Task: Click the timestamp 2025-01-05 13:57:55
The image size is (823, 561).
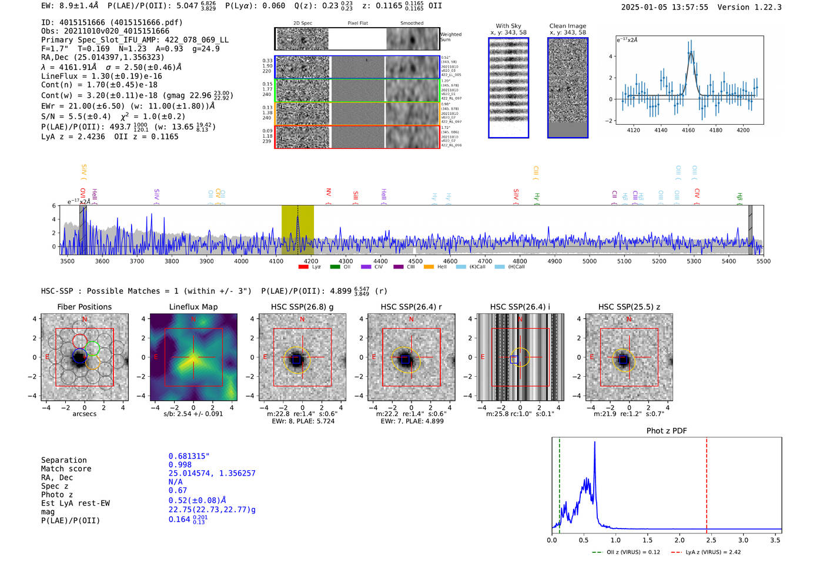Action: [x=664, y=7]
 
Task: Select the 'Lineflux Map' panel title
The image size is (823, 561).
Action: [x=193, y=307]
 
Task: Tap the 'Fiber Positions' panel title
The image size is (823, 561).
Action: [x=84, y=307]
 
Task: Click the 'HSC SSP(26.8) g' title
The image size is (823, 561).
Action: [x=302, y=307]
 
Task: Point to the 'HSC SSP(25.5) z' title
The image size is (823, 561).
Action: [x=629, y=307]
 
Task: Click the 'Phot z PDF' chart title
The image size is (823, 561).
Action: [x=667, y=431]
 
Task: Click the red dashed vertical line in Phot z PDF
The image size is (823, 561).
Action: [x=707, y=483]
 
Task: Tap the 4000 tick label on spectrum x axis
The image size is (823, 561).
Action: [x=241, y=261]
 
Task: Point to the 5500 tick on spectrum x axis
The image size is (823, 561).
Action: [x=763, y=261]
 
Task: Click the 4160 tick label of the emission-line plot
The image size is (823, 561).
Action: [x=688, y=130]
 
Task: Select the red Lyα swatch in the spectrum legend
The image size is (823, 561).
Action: [x=303, y=267]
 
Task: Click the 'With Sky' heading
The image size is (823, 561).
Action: [x=508, y=26]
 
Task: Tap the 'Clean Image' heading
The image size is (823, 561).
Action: [x=567, y=26]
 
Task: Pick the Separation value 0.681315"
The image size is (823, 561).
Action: [x=189, y=456]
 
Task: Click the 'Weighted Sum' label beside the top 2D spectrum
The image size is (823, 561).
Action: [x=450, y=37]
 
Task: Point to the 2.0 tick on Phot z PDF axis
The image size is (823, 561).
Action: [x=680, y=540]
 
